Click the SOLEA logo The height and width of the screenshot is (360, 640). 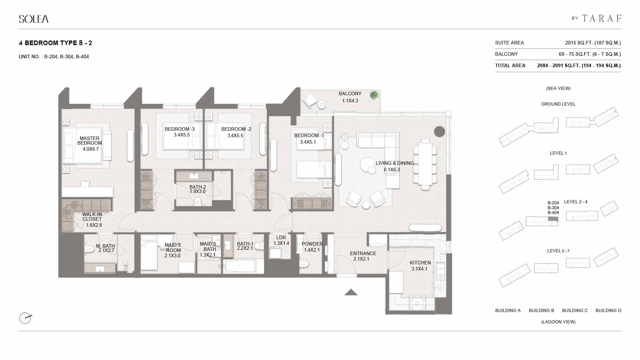point(34,19)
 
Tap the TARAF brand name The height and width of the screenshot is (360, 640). point(602,18)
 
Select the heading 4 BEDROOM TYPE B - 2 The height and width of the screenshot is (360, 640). point(55,43)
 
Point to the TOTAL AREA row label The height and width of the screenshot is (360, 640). point(510,65)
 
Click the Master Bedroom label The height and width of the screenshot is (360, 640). point(90,141)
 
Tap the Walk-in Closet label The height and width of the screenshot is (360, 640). point(92,217)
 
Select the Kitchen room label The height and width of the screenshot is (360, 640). point(420,263)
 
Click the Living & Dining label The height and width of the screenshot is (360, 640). point(395,163)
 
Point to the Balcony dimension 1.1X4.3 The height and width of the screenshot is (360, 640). point(350,101)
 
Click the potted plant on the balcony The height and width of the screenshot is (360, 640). point(374,95)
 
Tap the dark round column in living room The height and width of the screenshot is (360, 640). point(439,131)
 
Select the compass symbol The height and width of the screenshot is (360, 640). point(25,318)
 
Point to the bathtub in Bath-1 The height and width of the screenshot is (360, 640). point(240,266)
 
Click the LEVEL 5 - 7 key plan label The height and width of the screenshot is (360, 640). point(558,251)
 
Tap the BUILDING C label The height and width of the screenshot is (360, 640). point(575,311)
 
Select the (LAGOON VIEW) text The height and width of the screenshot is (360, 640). point(558,322)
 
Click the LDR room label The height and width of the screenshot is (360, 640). point(281,237)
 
